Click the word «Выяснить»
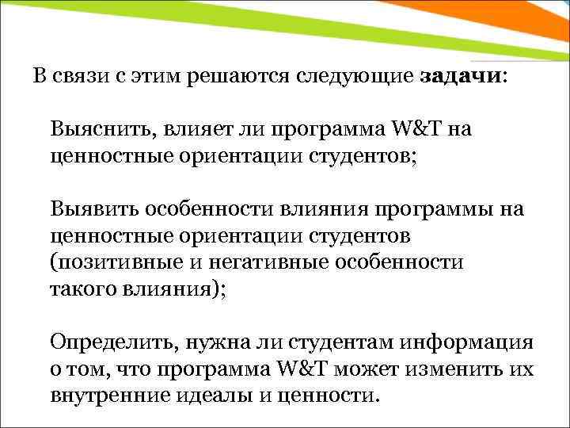(96, 128)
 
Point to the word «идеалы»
(209, 396)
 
